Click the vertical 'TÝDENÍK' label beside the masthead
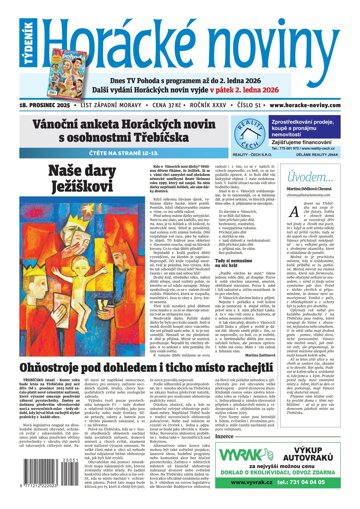[76, 34]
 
